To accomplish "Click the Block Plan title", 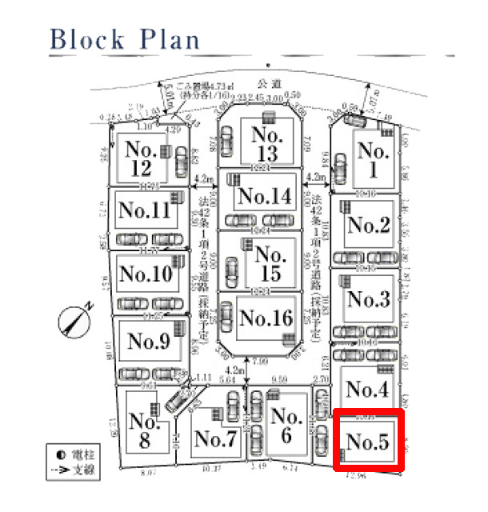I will pos(125,39).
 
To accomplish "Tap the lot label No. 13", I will pos(264,142).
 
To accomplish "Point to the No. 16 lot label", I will pos(266,318).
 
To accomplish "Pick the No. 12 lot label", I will pos(141,158).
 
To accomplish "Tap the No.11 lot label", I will pos(145,210).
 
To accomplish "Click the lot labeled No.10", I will pos(146,274).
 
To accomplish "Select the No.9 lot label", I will pos(149,342).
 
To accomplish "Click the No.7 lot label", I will pos(214,438).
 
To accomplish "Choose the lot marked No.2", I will pos(369,226).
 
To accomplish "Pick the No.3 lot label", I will pos(369,299).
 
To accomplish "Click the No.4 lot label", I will pos(368,390).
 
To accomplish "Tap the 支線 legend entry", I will pos(74,470).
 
